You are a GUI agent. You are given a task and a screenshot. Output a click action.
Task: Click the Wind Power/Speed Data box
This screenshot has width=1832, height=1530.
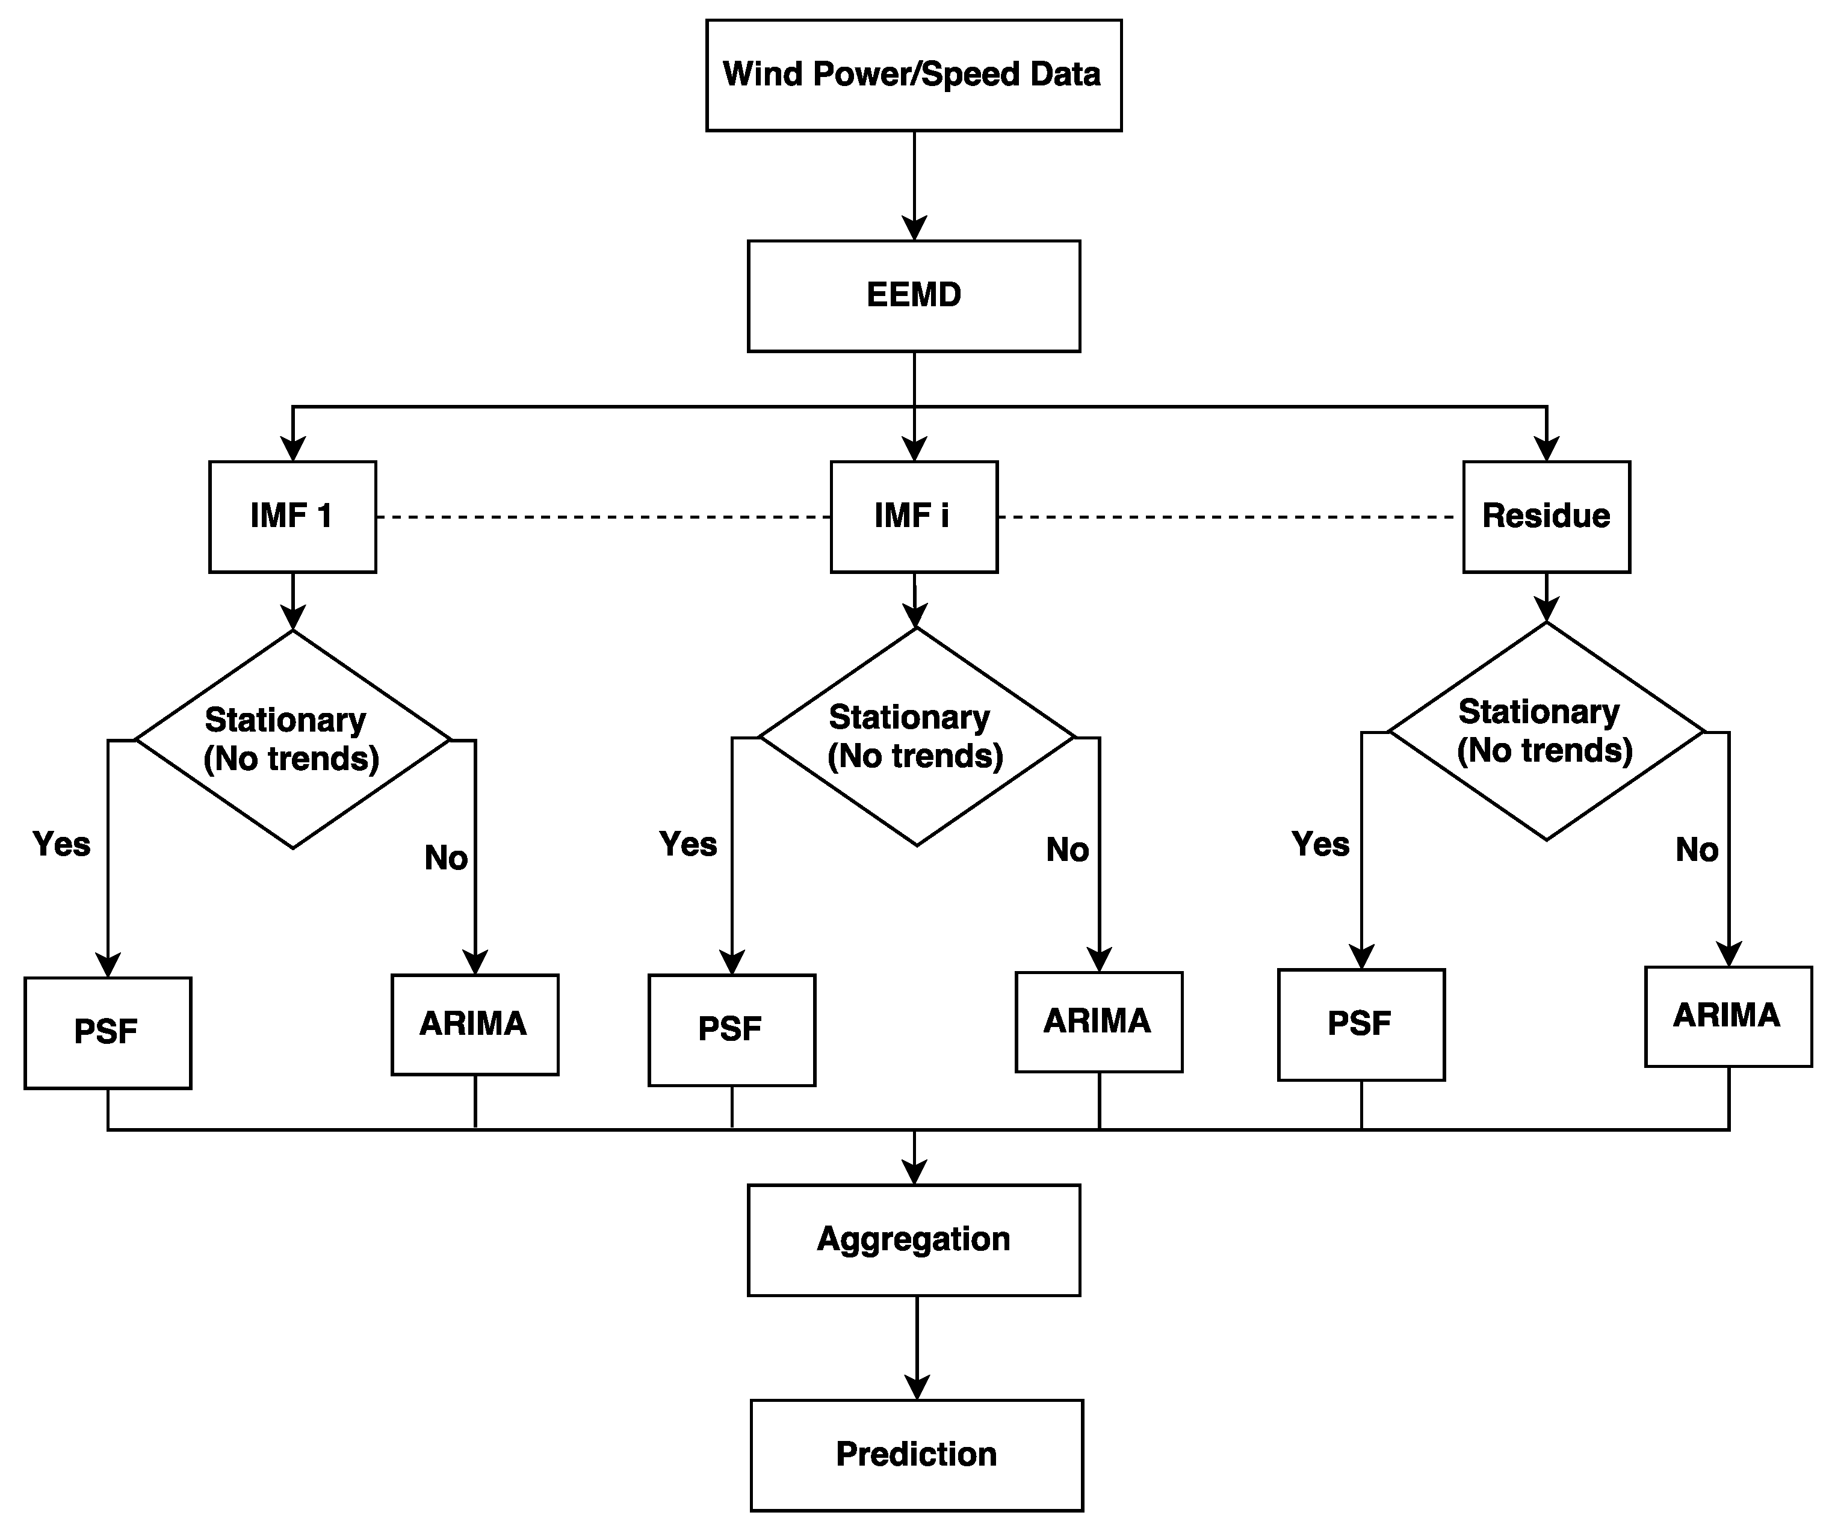click(x=914, y=75)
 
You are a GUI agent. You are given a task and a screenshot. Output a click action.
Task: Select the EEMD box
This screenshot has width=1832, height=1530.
click(x=914, y=295)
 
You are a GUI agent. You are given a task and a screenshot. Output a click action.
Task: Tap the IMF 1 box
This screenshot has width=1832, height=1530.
click(x=292, y=516)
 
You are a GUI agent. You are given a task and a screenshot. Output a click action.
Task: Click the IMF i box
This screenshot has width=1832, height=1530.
click(x=914, y=516)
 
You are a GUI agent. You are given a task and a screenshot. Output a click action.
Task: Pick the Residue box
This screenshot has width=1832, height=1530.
click(x=1546, y=516)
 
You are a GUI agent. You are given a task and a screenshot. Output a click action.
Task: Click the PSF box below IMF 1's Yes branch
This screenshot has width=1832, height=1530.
click(x=107, y=1033)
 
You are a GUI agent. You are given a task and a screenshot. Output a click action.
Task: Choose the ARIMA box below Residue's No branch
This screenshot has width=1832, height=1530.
click(x=1727, y=1016)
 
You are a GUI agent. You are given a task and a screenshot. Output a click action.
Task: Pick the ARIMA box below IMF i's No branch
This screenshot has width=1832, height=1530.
click(x=1098, y=1022)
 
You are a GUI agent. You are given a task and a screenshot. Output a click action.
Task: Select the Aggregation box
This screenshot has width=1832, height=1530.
click(x=914, y=1239)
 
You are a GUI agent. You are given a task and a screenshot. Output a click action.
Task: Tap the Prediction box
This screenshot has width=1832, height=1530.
click(x=916, y=1455)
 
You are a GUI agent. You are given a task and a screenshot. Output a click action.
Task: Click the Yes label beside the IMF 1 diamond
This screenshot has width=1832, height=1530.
click(x=61, y=844)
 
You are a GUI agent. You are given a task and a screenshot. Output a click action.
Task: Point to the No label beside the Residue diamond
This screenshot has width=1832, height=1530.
click(x=1696, y=850)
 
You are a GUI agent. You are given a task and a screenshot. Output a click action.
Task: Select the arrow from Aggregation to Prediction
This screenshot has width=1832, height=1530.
click(x=916, y=1347)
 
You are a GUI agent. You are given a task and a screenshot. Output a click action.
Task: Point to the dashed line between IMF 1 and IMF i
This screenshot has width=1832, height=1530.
click(x=602, y=517)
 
